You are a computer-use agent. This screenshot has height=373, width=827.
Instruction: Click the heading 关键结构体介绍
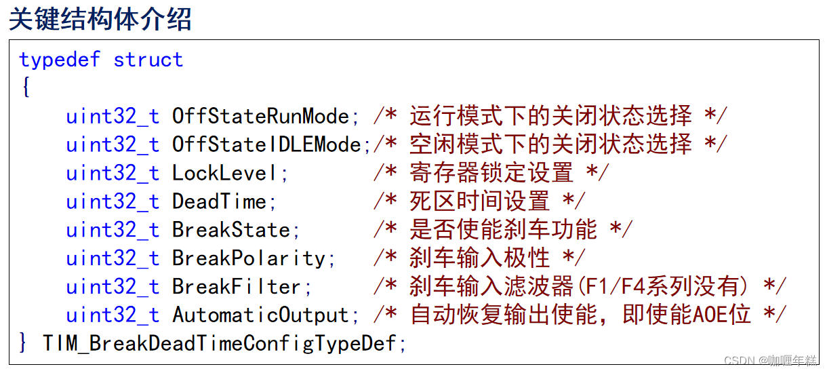pyautogui.click(x=100, y=20)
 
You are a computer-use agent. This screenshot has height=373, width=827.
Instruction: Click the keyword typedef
pyautogui.click(x=60, y=60)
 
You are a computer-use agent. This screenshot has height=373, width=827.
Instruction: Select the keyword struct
pyautogui.click(x=148, y=60)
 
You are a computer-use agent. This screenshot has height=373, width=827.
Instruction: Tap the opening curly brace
pyautogui.click(x=26, y=87)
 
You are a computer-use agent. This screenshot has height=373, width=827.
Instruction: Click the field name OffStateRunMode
pyautogui.click(x=260, y=116)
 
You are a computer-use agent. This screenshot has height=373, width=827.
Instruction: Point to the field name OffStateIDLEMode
pyautogui.click(x=266, y=144)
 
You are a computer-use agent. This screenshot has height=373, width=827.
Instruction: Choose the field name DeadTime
pyautogui.click(x=220, y=201)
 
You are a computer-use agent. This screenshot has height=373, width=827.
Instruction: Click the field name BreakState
pyautogui.click(x=231, y=230)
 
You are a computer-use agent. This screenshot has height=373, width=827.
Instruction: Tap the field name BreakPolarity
pyautogui.click(x=249, y=258)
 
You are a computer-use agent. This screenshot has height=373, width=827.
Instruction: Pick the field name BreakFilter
pyautogui.click(x=237, y=287)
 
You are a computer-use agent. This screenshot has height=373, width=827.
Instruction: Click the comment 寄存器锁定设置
pyautogui.click(x=491, y=173)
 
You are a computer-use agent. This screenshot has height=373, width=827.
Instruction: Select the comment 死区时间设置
pyautogui.click(x=479, y=201)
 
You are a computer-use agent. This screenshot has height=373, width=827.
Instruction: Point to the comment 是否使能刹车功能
pyautogui.click(x=503, y=230)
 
